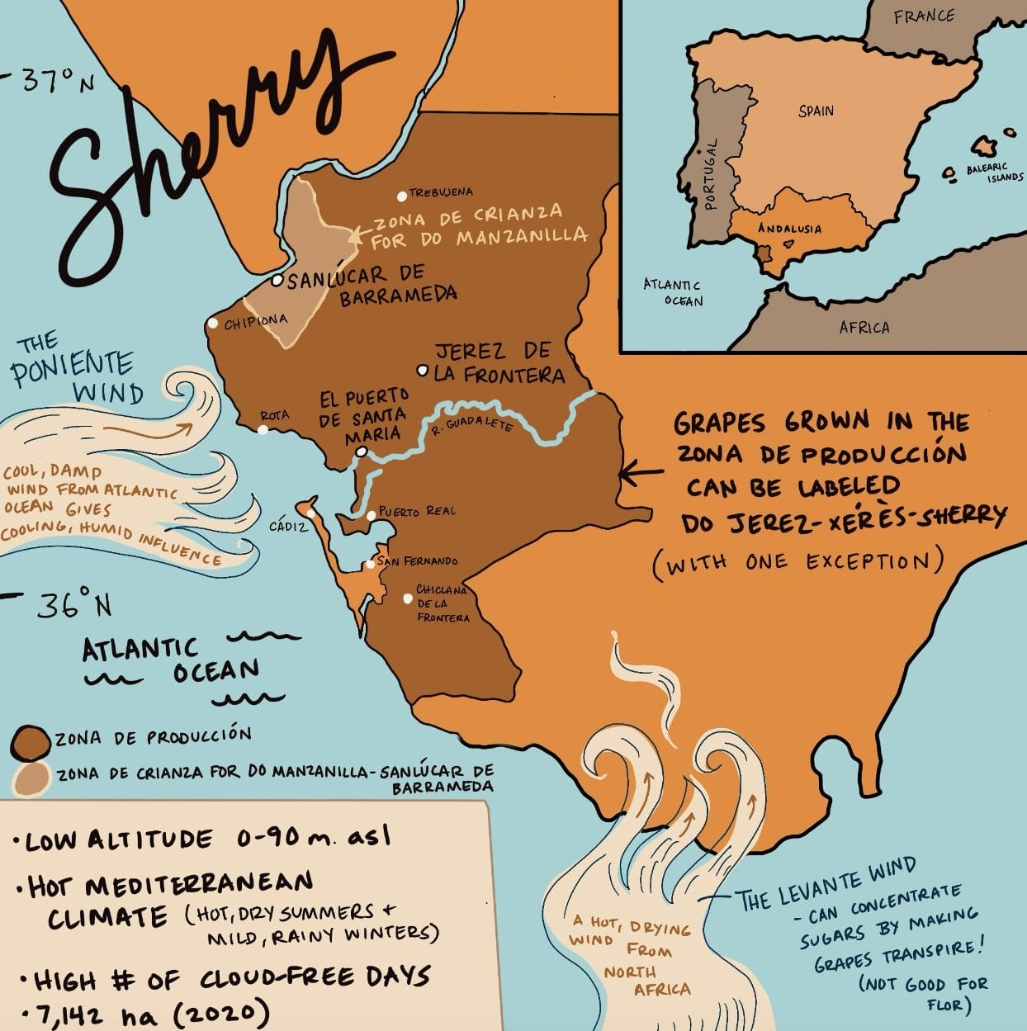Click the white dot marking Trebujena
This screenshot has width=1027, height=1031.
402,196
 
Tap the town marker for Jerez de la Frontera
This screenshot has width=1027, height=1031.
423,371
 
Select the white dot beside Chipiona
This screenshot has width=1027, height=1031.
213,323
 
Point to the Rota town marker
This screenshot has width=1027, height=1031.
263,429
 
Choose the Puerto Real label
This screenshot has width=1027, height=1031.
418,512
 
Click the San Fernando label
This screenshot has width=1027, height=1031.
418,561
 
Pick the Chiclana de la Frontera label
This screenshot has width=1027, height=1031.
443,603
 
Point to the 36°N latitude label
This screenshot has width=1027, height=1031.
74,608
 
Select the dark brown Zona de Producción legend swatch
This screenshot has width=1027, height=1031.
31,740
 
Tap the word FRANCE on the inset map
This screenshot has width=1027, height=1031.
924,16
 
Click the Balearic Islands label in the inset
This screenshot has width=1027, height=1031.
994,172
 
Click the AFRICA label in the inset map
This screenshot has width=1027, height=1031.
864,328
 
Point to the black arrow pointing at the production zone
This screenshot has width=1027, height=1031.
640,473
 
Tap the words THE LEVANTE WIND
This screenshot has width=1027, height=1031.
826,886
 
